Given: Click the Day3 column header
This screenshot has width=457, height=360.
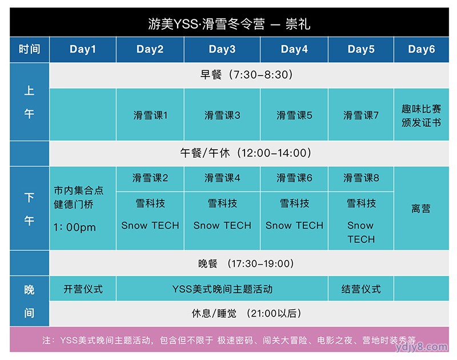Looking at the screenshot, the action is (222, 49).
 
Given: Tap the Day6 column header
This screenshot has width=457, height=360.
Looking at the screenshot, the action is (421, 49).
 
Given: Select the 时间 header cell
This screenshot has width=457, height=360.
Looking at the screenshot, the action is (30, 49).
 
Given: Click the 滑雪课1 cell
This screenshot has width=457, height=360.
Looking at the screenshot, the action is (150, 115).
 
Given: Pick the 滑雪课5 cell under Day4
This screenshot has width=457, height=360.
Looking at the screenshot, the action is (294, 115).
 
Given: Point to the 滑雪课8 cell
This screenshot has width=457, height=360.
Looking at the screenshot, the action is (361, 178).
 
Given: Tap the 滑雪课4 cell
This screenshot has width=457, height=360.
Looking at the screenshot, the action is (222, 178).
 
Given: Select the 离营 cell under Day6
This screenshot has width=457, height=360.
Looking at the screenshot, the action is (421, 209).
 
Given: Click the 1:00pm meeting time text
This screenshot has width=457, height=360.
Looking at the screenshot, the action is (75, 227).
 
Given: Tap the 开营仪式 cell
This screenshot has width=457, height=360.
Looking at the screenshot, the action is (83, 289).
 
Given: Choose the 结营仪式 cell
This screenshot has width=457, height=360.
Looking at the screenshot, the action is (361, 289).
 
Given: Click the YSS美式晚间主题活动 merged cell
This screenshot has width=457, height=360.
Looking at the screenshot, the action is (222, 289).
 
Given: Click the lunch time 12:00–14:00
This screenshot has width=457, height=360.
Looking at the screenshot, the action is (274, 153).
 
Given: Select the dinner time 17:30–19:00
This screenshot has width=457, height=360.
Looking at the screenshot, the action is (260, 263).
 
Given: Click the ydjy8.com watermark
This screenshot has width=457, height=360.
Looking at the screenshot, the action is (421, 347).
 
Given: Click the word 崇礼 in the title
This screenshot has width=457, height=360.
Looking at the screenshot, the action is (298, 23).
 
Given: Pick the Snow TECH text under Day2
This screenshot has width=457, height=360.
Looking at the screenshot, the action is (150, 225).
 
